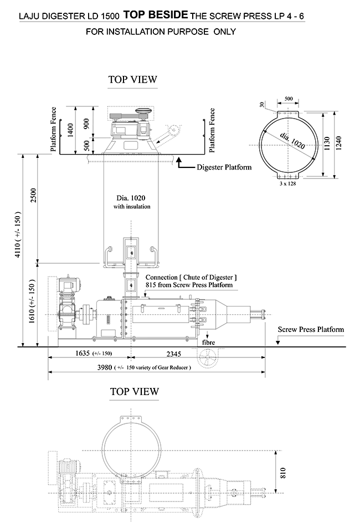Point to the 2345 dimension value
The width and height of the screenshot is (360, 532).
(x=163, y=352)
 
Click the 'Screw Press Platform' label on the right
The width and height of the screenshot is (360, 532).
(x=311, y=329)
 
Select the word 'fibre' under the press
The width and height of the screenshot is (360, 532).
(x=208, y=342)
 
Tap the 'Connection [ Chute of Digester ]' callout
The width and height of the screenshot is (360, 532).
(x=191, y=276)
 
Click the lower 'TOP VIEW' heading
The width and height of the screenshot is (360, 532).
(x=135, y=391)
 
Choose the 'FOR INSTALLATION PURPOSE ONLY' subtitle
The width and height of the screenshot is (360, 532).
(x=161, y=32)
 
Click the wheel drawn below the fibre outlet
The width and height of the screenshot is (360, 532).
(x=209, y=360)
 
